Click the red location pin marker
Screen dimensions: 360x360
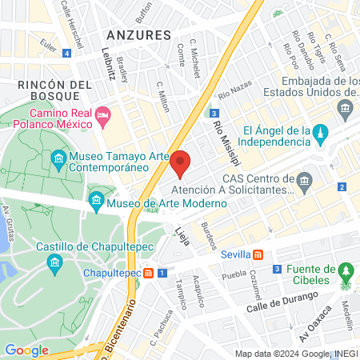[x=180, y=163]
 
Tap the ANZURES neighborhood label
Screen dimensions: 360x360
[x=138, y=35]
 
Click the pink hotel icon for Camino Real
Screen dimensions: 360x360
[x=102, y=118]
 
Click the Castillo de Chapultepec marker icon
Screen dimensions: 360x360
[x=54, y=262]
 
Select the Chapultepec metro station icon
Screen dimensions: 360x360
[x=148, y=273]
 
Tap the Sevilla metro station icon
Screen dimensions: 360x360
[x=258, y=254]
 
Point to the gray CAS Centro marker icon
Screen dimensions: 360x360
[x=304, y=185]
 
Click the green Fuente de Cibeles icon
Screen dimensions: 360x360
[x=346, y=271]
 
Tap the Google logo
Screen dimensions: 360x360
[x=26, y=350]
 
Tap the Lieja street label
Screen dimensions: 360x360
[x=182, y=234]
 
